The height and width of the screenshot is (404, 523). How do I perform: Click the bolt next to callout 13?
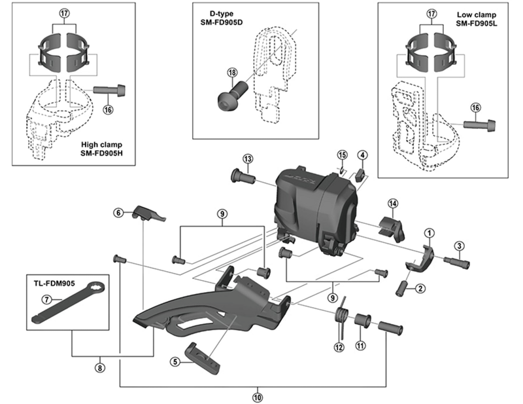click(242, 175)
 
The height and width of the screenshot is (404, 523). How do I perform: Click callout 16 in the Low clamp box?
click(475, 107)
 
